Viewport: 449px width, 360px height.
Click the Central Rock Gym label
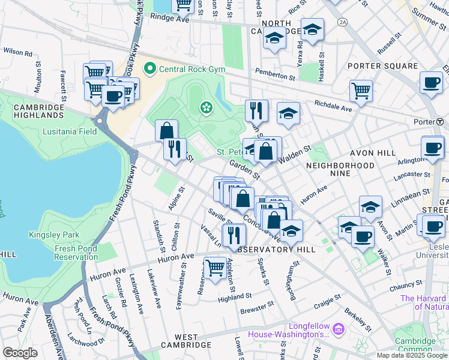(191, 69)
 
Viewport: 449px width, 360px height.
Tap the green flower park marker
(206, 107)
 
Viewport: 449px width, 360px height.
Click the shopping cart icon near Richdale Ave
(361, 91)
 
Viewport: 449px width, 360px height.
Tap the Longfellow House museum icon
(337, 329)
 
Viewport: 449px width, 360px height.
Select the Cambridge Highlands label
(38, 111)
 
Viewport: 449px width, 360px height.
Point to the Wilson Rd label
(17, 52)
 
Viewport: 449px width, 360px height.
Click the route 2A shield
(343, 22)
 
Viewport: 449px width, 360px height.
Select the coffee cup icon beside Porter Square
(431, 83)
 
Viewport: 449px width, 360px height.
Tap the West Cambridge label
(184, 345)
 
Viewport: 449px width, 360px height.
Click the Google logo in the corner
(20, 352)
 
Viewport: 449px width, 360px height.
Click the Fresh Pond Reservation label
(76, 253)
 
